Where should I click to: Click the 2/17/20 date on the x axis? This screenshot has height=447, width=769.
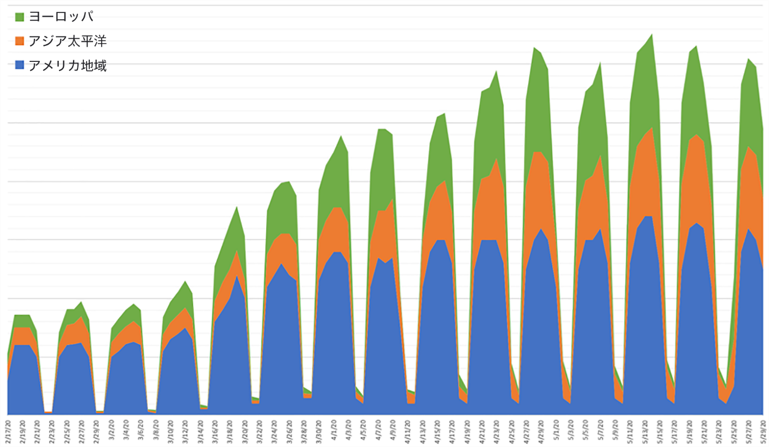click(x=8, y=429)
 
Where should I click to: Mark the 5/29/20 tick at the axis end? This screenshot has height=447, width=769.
click(x=763, y=429)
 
